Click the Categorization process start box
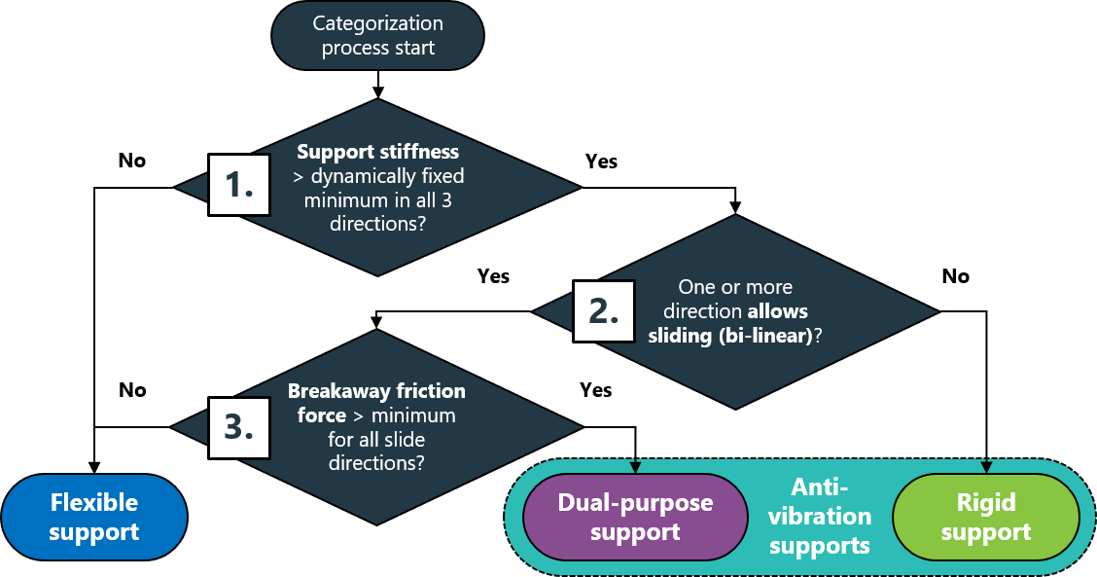click(x=377, y=36)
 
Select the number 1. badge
click(x=239, y=185)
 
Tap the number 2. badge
click(x=603, y=310)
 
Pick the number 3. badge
click(x=239, y=427)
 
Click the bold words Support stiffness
click(x=377, y=153)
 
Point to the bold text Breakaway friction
click(x=376, y=391)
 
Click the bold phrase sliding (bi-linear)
click(x=729, y=336)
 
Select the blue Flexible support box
click(x=93, y=518)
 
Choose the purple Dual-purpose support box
click(x=635, y=518)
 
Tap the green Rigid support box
click(x=985, y=518)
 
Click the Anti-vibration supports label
click(x=819, y=516)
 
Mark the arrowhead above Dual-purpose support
click(x=635, y=467)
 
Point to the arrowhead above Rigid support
click(x=986, y=467)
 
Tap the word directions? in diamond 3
click(x=376, y=463)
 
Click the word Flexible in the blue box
click(x=93, y=503)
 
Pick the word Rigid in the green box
click(x=985, y=503)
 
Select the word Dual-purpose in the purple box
click(x=635, y=503)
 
